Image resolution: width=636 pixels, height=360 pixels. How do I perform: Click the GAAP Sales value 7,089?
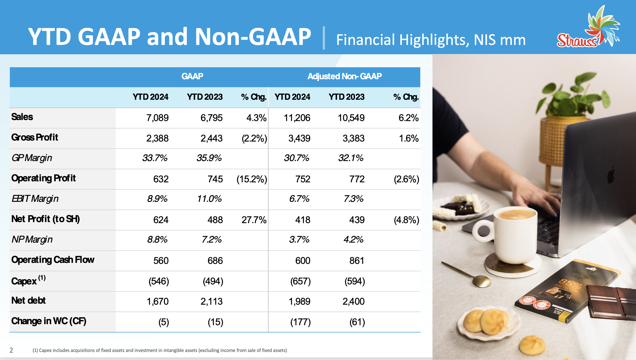(x=157, y=118)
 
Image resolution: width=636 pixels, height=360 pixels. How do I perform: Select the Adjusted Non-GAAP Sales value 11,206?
(x=297, y=118)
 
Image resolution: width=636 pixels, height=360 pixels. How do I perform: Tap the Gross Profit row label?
(x=35, y=137)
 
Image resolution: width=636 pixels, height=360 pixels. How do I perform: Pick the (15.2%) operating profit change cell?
(x=252, y=179)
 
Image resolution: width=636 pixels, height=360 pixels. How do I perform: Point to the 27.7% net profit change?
(x=254, y=220)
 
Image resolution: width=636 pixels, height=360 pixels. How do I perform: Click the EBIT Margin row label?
(x=35, y=199)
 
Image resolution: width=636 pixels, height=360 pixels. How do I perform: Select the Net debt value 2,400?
(x=353, y=302)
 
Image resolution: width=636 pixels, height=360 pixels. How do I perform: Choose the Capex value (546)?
(x=159, y=281)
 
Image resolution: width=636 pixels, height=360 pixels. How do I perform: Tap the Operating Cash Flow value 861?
(x=357, y=261)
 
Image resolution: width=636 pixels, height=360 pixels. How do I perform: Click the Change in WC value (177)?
(x=300, y=322)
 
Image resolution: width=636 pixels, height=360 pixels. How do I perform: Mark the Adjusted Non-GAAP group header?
(x=344, y=76)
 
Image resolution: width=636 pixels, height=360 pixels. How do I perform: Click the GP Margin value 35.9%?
(x=209, y=158)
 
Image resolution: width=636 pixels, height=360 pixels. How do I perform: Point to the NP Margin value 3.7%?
(x=299, y=239)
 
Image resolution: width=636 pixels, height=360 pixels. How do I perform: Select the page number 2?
(x=11, y=350)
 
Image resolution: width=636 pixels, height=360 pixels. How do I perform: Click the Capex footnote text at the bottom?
(x=160, y=350)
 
